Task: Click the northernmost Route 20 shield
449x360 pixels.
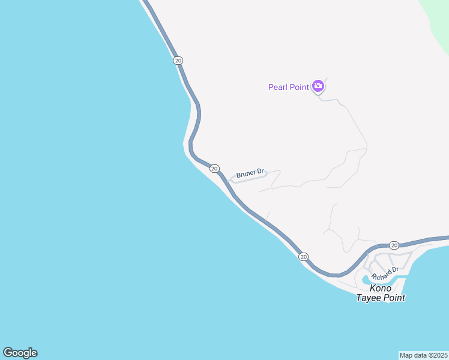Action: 178,61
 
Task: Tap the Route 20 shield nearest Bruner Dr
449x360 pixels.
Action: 214,169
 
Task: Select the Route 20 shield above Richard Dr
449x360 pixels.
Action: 394,245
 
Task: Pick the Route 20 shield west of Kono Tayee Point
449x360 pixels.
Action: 304,257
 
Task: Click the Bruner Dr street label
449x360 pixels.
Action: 250,174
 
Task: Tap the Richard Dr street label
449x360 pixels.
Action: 385,274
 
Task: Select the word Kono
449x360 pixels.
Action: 381,289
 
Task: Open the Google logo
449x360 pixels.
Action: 20,353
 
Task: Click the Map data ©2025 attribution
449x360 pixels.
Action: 424,355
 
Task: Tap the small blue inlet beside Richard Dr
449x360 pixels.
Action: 367,280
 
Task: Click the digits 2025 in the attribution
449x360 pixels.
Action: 438,355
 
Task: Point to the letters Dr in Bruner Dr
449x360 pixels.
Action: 261,172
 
